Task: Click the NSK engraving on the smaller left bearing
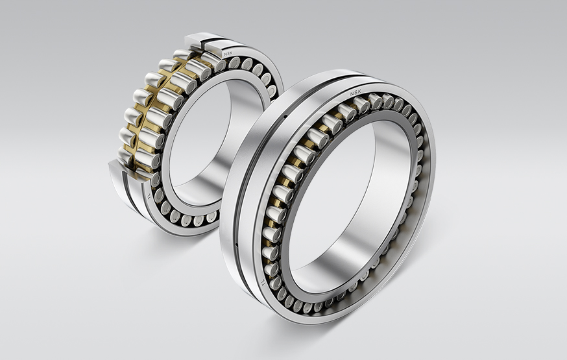[229, 52]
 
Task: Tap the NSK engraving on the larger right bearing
[356, 93]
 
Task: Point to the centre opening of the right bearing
[337, 195]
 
